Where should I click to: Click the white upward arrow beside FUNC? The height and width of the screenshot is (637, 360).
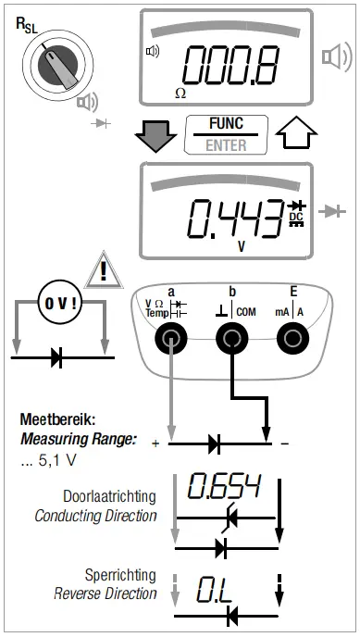[292, 135]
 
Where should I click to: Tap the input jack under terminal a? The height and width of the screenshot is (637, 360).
[170, 341]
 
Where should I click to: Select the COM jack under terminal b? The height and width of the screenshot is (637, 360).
[232, 341]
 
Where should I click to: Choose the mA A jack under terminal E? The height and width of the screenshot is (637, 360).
[293, 341]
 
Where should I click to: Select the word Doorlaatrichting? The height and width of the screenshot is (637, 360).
[109, 497]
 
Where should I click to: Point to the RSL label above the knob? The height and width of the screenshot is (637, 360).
[29, 22]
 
